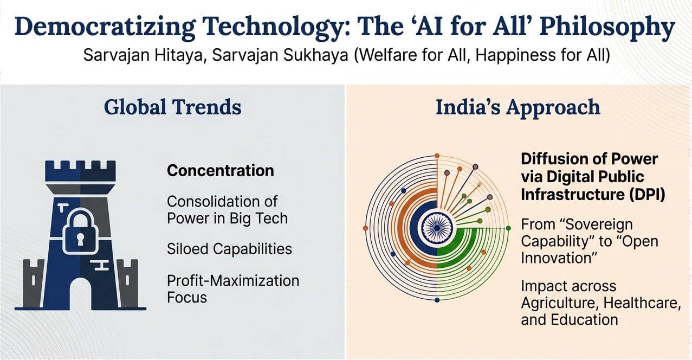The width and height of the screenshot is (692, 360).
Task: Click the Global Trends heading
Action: (x=173, y=107)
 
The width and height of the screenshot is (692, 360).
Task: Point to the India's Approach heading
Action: (x=518, y=107)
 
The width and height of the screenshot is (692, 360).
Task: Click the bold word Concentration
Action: (x=220, y=170)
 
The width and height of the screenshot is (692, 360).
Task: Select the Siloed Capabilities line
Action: (x=229, y=249)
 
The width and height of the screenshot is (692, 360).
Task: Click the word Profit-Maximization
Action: (x=233, y=281)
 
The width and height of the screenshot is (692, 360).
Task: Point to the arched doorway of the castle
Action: (x=81, y=293)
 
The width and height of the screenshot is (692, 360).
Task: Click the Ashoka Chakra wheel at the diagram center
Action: (x=437, y=228)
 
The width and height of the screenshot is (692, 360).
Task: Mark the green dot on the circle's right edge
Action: (x=508, y=228)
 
